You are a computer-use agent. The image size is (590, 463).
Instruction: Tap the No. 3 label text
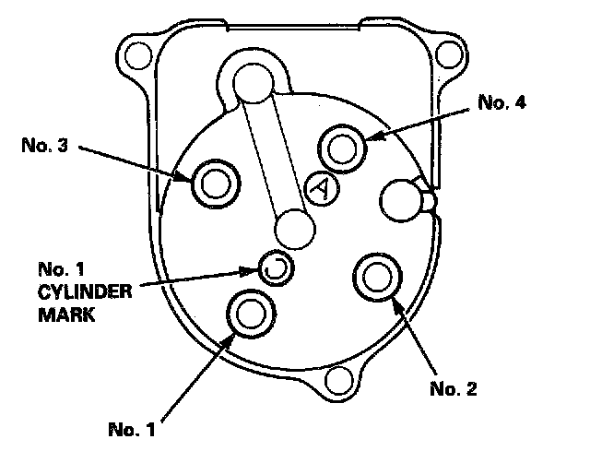point(45,145)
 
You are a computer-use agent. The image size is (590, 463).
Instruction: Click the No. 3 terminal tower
point(213,184)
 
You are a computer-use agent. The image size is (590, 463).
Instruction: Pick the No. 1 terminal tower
point(250,315)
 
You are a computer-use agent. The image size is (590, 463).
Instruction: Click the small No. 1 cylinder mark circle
point(274,268)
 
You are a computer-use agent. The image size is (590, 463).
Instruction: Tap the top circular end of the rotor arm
point(251,83)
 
